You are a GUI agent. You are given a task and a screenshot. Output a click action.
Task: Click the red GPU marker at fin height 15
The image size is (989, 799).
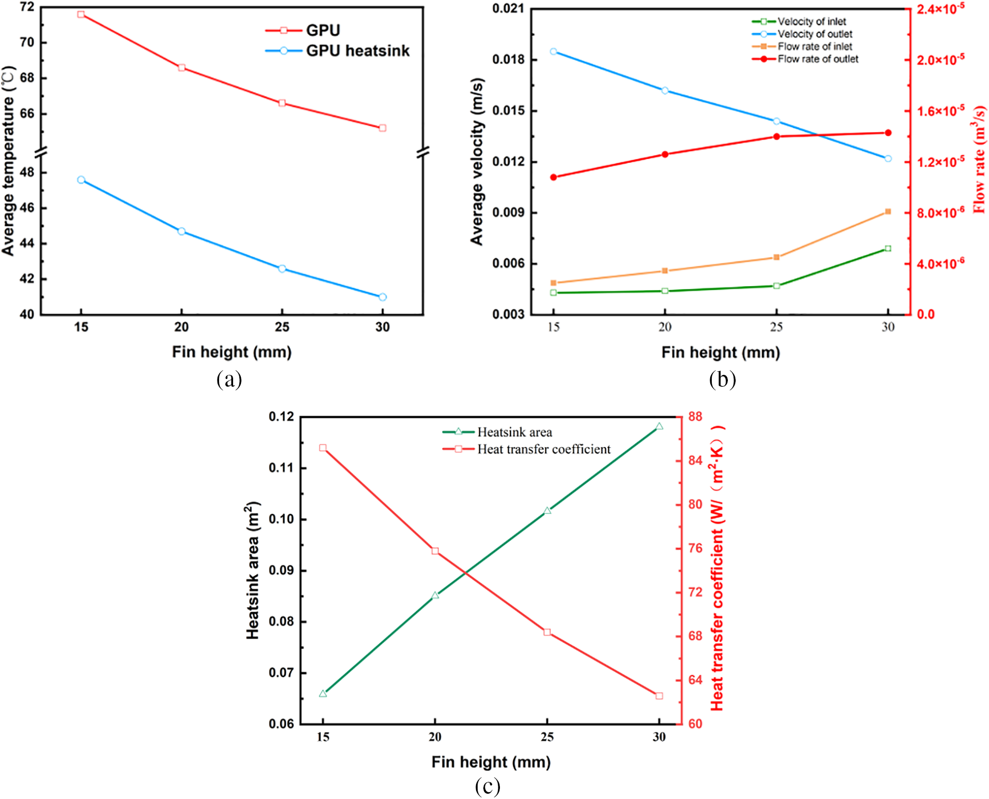point(81,15)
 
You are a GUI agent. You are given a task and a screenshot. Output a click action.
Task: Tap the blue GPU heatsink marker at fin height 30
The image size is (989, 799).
point(383,297)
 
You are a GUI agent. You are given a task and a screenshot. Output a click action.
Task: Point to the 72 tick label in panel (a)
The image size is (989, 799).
point(27,8)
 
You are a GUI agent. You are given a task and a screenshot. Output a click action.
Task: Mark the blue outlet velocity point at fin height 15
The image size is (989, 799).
point(553,51)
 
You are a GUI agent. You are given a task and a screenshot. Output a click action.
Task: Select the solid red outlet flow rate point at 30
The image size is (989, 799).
point(888,133)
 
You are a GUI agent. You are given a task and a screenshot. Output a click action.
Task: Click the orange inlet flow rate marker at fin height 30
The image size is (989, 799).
point(888,211)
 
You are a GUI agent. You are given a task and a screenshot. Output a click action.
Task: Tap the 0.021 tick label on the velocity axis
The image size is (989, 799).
point(508,9)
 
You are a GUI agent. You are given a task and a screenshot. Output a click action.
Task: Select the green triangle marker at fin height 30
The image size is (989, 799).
point(659,426)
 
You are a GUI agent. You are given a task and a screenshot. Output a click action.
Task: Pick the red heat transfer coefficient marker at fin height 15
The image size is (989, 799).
point(323,448)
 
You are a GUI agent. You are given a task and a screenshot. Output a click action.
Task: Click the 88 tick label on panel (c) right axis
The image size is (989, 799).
point(695,416)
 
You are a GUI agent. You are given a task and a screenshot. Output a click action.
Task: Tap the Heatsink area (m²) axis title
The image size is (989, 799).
point(252,570)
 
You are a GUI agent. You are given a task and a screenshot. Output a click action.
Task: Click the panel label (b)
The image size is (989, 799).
point(722,380)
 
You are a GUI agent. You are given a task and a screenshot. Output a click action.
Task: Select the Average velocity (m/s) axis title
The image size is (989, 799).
point(477,161)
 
